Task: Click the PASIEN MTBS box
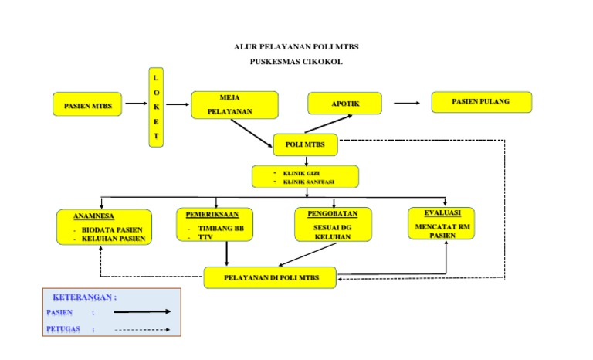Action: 87,104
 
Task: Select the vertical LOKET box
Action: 156,107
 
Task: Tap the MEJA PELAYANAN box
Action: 234,105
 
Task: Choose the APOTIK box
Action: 345,103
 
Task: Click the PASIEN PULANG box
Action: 481,102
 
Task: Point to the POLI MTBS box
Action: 305,144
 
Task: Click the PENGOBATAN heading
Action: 333,213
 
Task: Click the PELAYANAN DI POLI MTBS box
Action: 269,277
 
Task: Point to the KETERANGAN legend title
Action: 84,297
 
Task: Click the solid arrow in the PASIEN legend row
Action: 141,313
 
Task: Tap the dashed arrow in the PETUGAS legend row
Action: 141,330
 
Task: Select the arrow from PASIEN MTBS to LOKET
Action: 136,103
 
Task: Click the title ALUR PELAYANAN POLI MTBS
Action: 296,47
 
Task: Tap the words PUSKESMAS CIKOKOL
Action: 296,61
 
